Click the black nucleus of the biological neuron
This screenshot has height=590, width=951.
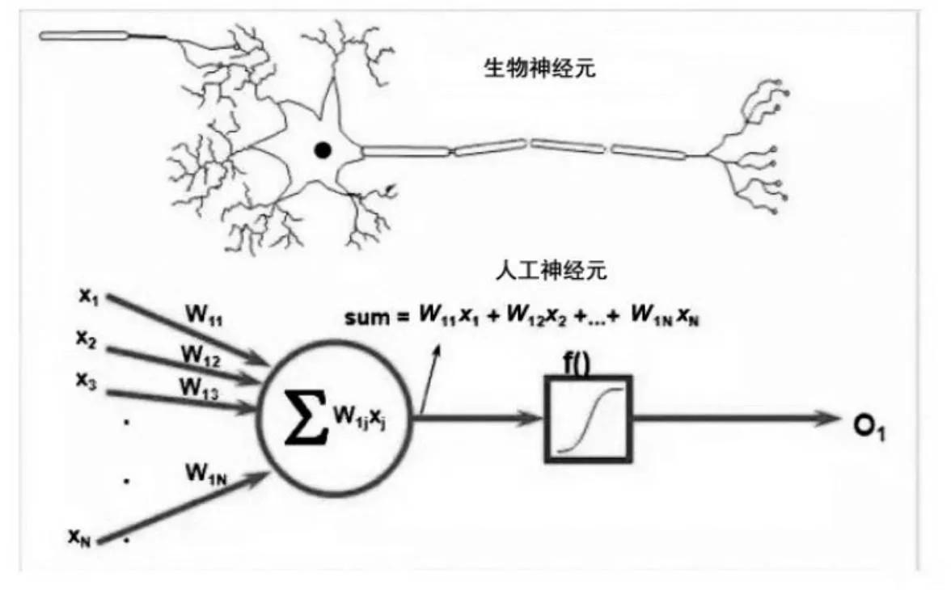[323, 150]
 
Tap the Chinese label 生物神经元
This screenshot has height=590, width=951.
[539, 69]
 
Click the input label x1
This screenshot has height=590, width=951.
[88, 297]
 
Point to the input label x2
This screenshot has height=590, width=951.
[87, 339]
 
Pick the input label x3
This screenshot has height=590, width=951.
[87, 379]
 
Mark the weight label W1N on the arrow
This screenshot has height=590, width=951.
[206, 472]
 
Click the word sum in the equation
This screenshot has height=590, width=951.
[366, 317]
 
